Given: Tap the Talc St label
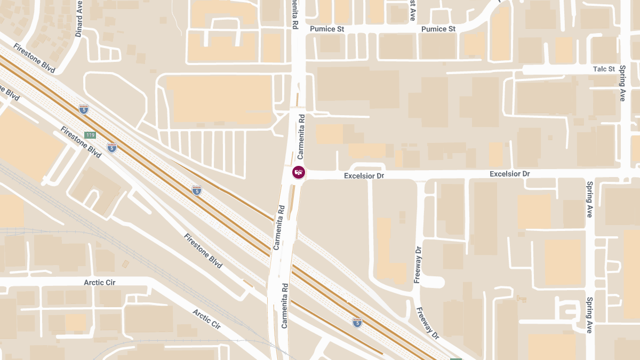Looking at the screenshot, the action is point(604,69).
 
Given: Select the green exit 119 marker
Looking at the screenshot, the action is point(90,135).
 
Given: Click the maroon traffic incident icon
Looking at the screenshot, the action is point(299,172).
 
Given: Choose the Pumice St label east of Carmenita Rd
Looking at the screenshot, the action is point(438,29).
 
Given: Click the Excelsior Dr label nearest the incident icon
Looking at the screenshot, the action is point(364,175).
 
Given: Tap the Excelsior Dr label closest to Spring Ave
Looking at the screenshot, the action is point(509,174).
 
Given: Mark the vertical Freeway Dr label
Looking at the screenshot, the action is point(418,264).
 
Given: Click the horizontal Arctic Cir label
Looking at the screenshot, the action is point(100,282).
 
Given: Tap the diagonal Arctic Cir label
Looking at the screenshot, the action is point(206,318).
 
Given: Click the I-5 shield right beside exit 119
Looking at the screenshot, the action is point(111,147).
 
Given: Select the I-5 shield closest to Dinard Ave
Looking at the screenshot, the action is point(83,109).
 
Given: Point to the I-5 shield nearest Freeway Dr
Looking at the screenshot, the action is point(357,322).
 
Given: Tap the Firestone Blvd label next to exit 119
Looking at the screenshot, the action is point(81,142).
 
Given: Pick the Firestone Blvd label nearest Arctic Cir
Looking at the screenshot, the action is point(203,251).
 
